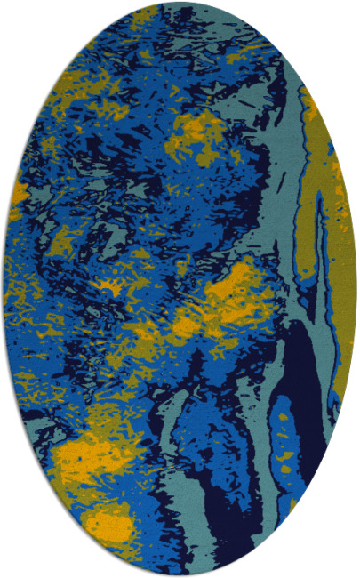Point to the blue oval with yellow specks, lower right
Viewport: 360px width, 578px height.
point(283,436)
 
